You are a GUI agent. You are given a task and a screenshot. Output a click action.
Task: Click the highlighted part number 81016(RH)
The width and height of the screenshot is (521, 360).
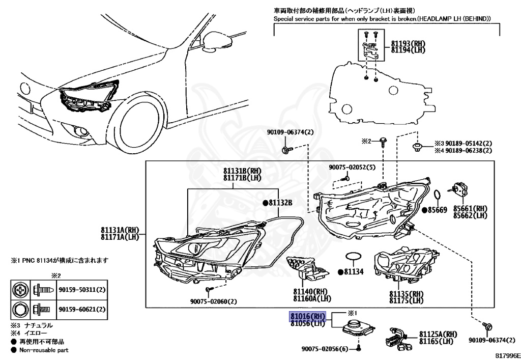click(x=307, y=316)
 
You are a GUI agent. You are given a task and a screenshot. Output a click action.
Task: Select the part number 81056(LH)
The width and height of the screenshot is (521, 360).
click(x=307, y=323)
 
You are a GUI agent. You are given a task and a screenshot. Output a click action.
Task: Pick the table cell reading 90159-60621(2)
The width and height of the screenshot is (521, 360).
click(x=81, y=309)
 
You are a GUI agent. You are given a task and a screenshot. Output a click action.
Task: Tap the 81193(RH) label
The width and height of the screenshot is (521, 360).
click(x=408, y=44)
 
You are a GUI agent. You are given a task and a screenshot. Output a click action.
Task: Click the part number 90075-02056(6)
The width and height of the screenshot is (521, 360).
click(x=324, y=349)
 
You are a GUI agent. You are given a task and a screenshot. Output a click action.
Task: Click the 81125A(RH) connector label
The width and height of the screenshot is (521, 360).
click(x=438, y=334)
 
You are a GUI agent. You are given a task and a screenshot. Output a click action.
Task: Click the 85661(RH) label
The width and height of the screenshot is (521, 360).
click(x=471, y=209)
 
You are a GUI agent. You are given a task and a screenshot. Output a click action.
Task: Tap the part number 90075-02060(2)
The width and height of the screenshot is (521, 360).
click(x=219, y=301)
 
